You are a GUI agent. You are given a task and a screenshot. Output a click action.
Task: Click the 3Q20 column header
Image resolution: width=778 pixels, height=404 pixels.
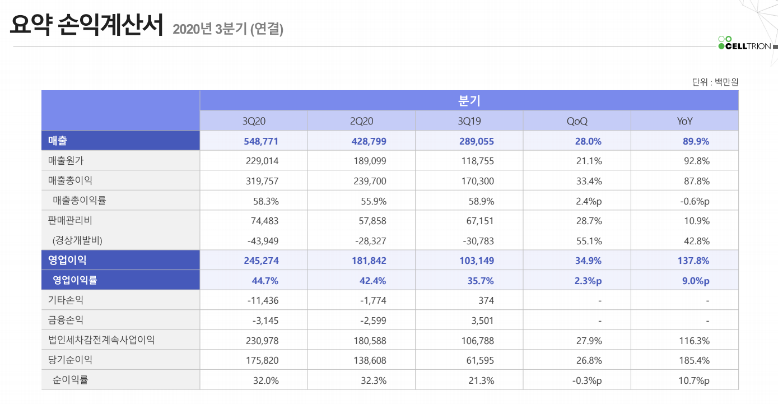point(253,121)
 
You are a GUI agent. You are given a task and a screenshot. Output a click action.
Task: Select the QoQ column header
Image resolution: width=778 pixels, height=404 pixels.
point(577,121)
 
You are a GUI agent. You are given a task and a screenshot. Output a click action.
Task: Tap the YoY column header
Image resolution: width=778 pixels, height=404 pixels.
point(684,121)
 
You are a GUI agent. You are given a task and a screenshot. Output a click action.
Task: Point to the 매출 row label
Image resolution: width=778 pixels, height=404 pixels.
point(58,141)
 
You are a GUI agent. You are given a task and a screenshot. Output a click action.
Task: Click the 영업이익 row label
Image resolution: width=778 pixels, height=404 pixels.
point(67,261)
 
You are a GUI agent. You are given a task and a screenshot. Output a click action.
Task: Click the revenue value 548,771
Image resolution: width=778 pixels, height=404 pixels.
point(261,141)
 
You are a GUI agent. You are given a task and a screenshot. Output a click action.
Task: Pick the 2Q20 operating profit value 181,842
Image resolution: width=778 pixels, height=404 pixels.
point(369,261)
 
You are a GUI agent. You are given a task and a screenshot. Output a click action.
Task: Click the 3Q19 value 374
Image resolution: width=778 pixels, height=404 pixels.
point(486,300)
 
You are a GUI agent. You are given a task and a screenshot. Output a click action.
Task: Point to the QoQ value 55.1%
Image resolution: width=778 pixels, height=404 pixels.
point(588,241)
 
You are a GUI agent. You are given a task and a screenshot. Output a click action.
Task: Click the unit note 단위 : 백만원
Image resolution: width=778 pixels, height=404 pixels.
point(715,82)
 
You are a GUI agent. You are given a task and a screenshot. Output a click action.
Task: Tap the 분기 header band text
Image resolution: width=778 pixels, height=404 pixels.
point(469,101)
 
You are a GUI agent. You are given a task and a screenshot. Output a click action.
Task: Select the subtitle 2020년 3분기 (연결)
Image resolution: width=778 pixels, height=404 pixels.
point(228,29)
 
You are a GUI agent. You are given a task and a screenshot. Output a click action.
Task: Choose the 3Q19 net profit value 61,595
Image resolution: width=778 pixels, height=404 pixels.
point(480,360)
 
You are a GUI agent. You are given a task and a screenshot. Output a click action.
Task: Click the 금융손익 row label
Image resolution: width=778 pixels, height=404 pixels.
point(66,321)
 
